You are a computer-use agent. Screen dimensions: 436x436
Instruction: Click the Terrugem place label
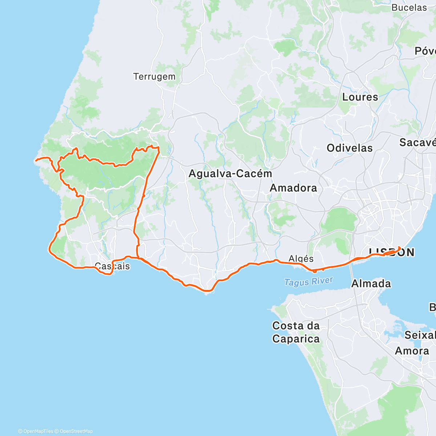click(x=154, y=77)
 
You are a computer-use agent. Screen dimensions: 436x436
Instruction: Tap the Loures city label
click(x=360, y=97)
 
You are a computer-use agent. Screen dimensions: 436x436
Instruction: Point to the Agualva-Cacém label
click(x=230, y=174)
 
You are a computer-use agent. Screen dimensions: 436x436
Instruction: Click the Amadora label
click(x=293, y=188)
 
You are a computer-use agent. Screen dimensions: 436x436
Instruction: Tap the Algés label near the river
click(x=301, y=259)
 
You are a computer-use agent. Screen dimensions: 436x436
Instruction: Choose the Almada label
click(x=371, y=283)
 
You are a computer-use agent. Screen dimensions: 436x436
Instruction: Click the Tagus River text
click(x=308, y=282)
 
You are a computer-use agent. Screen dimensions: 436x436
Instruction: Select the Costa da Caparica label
click(x=296, y=332)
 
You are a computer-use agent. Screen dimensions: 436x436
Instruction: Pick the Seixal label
click(x=420, y=335)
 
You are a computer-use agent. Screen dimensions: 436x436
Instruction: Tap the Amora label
click(x=412, y=351)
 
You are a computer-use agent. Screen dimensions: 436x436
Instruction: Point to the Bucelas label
click(x=409, y=8)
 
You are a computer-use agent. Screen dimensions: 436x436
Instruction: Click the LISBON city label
click(x=391, y=253)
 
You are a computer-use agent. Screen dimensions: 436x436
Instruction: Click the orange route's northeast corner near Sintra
click(x=159, y=147)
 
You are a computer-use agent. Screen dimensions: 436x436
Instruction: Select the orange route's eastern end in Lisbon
click(x=400, y=247)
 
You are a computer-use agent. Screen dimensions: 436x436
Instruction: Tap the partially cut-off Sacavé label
click(x=417, y=142)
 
